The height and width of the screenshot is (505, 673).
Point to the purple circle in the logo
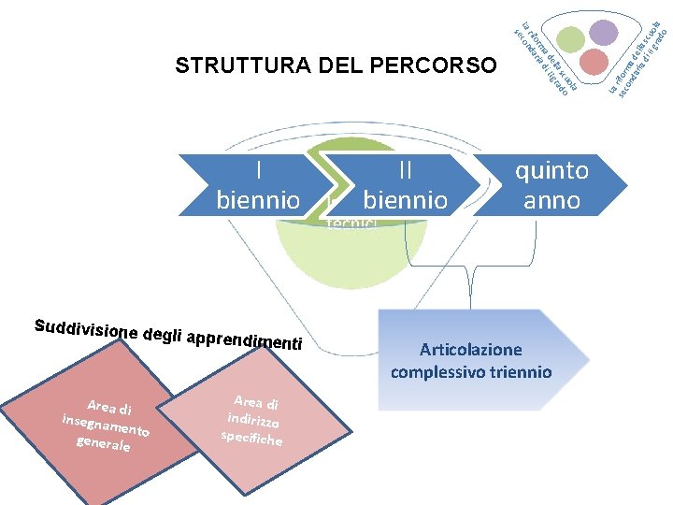pyautogui.click(x=604, y=34)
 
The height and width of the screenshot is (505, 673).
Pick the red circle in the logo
pyautogui.click(x=594, y=62)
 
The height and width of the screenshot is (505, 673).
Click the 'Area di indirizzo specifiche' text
pyautogui.click(x=253, y=419)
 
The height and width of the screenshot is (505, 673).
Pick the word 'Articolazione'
pyautogui.click(x=471, y=350)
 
